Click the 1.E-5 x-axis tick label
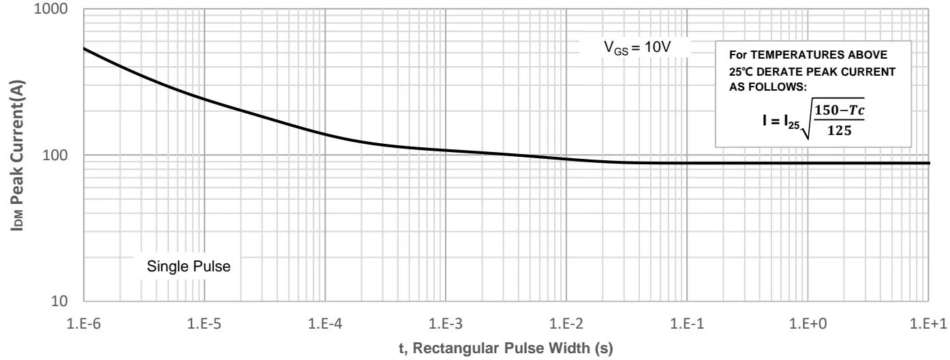click(204, 320)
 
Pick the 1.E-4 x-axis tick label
click(324, 320)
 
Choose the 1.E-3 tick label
click(445, 320)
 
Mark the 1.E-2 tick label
click(566, 320)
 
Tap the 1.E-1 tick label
click(687, 320)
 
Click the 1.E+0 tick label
click(808, 320)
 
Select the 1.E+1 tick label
click(928, 320)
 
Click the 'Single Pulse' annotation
click(189, 267)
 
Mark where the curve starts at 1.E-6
click(84, 48)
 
